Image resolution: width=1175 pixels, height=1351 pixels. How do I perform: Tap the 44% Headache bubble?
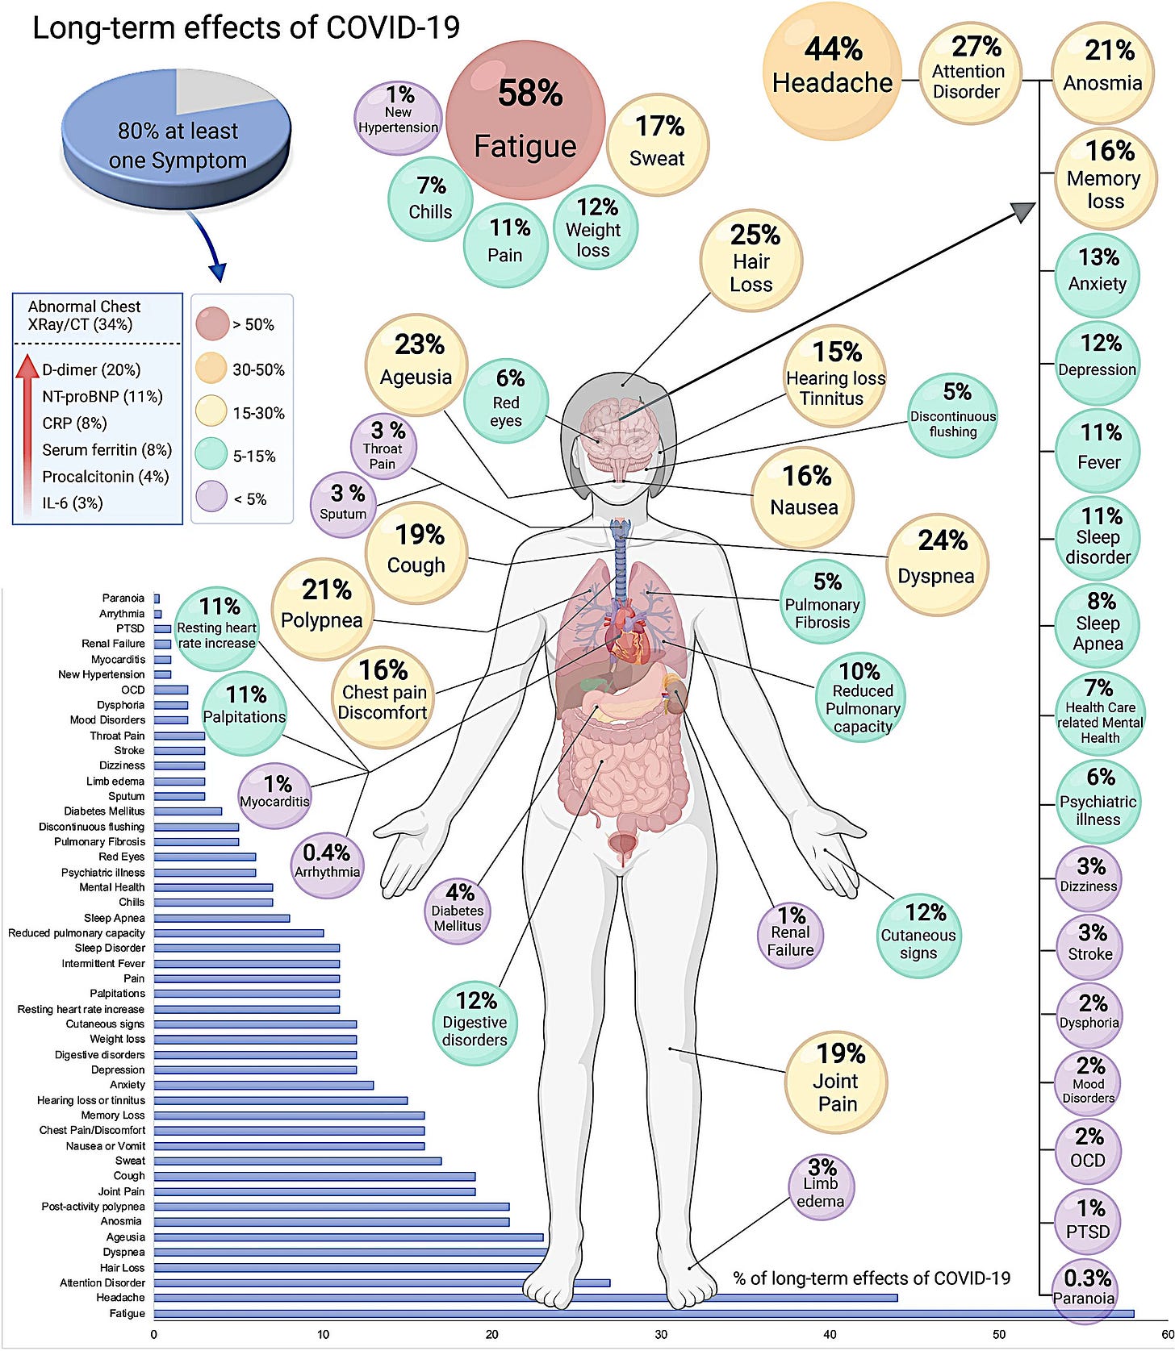click(832, 66)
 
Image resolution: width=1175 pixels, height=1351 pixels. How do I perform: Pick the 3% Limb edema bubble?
click(821, 1184)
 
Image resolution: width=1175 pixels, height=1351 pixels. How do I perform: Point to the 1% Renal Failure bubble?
click(791, 933)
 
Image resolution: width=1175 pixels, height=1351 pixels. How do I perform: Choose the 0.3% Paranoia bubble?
click(1087, 1288)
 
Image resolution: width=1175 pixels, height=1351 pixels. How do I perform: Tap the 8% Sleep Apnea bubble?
click(1098, 623)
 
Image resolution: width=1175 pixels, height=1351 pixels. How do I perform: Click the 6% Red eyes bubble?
click(506, 399)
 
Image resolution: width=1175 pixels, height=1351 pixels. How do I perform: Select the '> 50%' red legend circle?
click(212, 324)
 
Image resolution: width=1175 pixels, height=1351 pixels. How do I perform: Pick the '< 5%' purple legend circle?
click(212, 498)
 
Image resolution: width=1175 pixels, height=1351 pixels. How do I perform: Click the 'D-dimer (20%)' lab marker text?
click(91, 370)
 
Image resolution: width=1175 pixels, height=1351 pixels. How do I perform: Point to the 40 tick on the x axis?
click(830, 1335)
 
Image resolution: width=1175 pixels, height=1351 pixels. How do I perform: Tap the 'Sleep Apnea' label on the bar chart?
click(115, 918)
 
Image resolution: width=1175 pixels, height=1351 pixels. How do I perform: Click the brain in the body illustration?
click(621, 436)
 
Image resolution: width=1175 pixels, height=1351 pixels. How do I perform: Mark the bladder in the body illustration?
click(621, 847)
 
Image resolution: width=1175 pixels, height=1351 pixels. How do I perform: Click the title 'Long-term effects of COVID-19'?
click(246, 27)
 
